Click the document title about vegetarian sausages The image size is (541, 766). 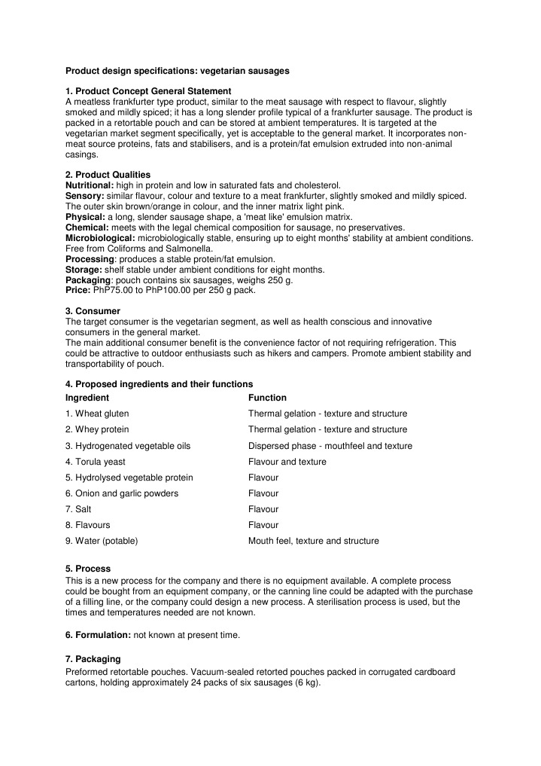[x=177, y=71]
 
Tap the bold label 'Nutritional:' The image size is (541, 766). [x=90, y=185]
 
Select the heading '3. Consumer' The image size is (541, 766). [x=93, y=310]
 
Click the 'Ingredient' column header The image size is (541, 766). [x=87, y=398]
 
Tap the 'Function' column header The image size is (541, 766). [x=267, y=398]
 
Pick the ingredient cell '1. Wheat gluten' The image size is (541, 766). [x=96, y=414]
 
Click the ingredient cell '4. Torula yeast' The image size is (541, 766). [x=96, y=462]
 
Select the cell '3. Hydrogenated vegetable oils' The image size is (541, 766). [x=128, y=446]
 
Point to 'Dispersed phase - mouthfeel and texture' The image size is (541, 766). [x=330, y=446]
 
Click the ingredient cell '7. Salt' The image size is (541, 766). [x=78, y=509]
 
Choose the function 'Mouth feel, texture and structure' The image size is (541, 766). [x=313, y=541]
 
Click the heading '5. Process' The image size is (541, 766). [x=88, y=569]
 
